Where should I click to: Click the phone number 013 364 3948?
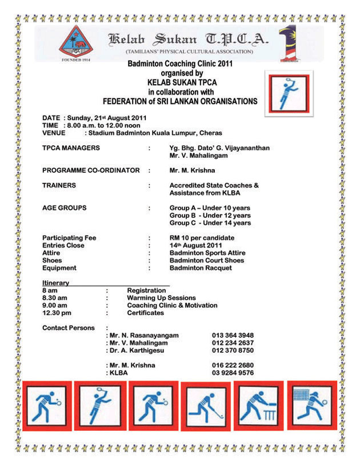233,335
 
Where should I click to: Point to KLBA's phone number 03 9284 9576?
233,372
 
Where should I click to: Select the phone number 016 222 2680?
233,365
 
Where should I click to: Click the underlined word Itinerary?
56,283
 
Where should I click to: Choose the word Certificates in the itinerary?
145,313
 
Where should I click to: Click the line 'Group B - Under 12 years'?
210,216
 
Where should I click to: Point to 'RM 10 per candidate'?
202,238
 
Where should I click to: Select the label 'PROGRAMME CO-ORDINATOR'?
91,170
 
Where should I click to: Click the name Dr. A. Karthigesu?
143,350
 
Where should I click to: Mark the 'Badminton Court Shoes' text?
207,260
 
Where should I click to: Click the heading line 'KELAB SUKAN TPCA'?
181,82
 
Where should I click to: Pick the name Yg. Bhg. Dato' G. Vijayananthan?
219,148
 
